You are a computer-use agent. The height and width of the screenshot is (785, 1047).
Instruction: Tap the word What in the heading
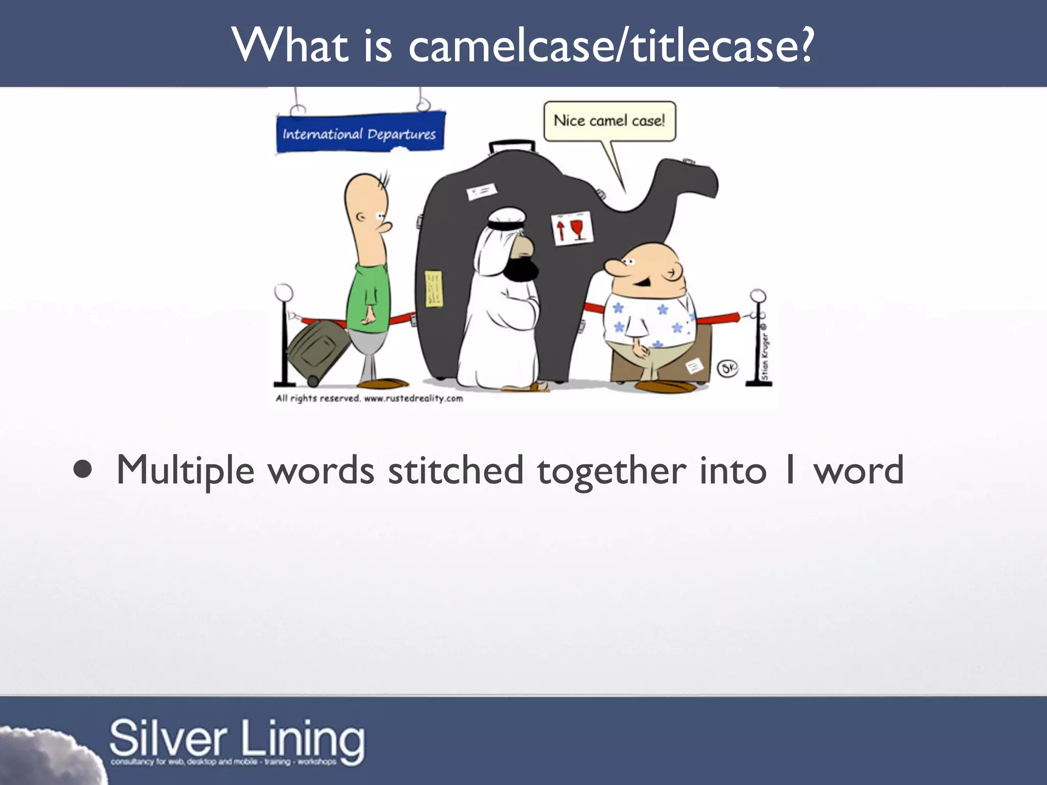click(x=290, y=46)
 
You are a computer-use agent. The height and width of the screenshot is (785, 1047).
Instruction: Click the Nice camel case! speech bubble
click(x=609, y=121)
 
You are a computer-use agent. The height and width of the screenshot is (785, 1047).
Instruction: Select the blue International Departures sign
click(x=359, y=133)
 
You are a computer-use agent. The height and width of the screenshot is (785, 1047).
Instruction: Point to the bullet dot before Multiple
click(x=83, y=470)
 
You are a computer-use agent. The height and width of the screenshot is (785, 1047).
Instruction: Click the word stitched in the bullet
click(x=456, y=470)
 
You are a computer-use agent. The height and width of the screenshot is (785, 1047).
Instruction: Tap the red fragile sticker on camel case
click(x=572, y=228)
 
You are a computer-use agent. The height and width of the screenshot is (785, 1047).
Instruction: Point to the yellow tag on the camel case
click(x=434, y=289)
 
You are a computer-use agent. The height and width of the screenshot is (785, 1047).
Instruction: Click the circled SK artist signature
click(x=727, y=368)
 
